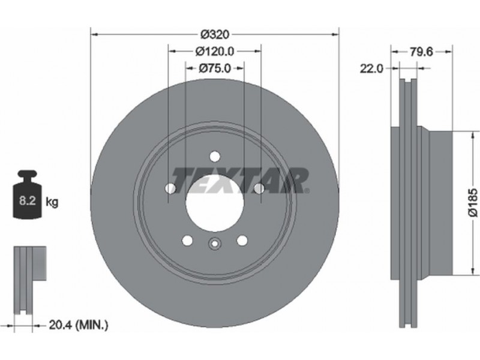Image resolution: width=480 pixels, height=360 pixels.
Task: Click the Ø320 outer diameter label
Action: pos(215,34)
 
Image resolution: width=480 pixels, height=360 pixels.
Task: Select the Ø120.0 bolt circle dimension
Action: pos(215,52)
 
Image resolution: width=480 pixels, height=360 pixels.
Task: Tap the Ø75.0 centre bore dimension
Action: pos(215,68)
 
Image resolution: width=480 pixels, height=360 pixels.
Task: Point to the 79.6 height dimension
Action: pos(422,52)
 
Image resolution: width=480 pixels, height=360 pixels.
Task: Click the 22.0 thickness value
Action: pos(371,68)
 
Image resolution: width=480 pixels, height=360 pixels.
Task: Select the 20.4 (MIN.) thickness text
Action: pos(79,325)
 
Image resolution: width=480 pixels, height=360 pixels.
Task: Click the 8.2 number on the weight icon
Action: pos(28,201)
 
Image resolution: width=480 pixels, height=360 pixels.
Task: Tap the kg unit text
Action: pos(52,202)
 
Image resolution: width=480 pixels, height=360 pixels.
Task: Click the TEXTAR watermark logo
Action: pos(241,181)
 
